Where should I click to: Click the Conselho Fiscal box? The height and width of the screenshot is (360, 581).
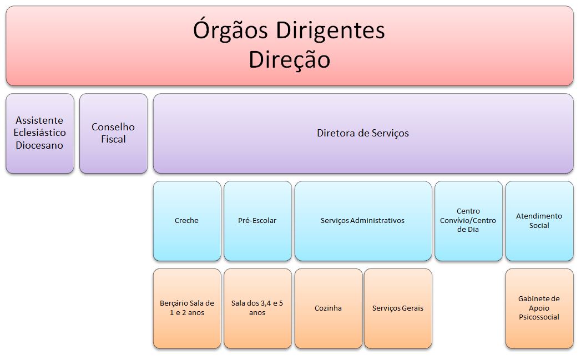pyautogui.click(x=113, y=133)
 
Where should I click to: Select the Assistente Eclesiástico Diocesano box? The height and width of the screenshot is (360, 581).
pyautogui.click(x=40, y=133)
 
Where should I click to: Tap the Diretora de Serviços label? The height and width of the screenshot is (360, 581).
pyautogui.click(x=363, y=133)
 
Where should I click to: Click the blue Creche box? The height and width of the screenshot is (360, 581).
pyautogui.click(x=186, y=221)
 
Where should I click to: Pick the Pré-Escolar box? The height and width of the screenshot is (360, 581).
pyautogui.click(x=257, y=221)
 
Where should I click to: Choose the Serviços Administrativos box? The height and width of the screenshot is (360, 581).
pyautogui.click(x=363, y=221)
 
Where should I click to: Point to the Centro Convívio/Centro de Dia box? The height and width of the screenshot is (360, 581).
pyautogui.click(x=468, y=221)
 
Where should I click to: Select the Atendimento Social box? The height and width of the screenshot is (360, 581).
pyautogui.click(x=539, y=221)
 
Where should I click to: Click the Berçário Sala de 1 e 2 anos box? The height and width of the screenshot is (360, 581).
pyautogui.click(x=186, y=308)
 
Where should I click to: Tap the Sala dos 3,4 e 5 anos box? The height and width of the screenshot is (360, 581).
pyautogui.click(x=257, y=308)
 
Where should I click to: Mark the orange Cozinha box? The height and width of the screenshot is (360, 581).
pyautogui.click(x=328, y=308)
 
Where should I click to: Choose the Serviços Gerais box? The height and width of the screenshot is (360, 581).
pyautogui.click(x=398, y=308)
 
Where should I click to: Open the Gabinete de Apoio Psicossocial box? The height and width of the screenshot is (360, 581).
pyautogui.click(x=539, y=308)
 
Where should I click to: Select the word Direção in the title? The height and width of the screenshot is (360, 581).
pyautogui.click(x=289, y=59)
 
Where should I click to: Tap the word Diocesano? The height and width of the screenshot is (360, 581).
pyautogui.click(x=40, y=145)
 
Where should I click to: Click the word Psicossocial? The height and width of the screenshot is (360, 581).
pyautogui.click(x=539, y=317)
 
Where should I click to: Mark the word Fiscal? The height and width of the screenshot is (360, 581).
pyautogui.click(x=113, y=139)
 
